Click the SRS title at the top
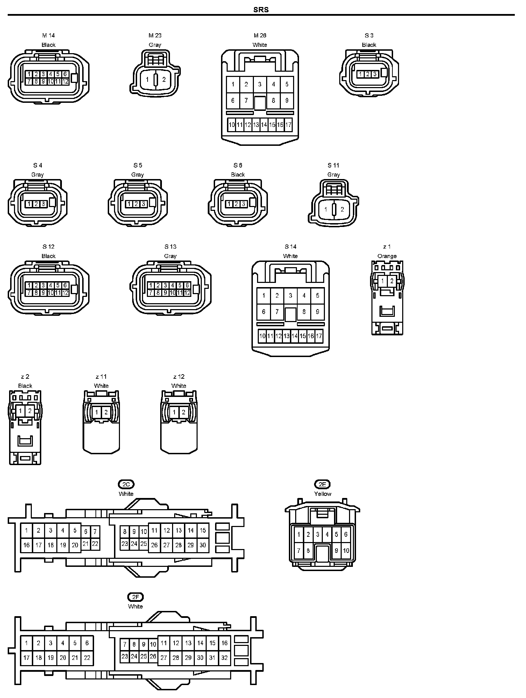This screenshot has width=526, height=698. (x=261, y=9)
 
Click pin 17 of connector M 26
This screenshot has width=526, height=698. (x=288, y=125)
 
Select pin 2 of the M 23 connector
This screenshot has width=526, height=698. (x=164, y=79)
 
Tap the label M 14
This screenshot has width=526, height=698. (x=49, y=35)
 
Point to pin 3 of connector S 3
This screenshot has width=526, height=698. (x=375, y=74)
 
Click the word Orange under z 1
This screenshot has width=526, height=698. (x=387, y=256)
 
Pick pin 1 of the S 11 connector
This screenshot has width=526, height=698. (x=326, y=209)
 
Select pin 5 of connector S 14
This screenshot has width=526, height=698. (x=318, y=295)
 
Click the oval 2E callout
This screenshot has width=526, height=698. (x=322, y=484)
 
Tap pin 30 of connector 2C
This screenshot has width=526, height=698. (x=203, y=545)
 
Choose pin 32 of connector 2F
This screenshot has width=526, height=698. (x=225, y=657)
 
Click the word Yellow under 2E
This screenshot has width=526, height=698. (x=322, y=494)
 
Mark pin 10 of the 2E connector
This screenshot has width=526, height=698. (x=346, y=551)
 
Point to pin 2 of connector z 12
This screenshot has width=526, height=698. (x=183, y=412)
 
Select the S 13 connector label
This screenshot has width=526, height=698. (x=170, y=247)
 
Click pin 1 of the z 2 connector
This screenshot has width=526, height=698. (x=21, y=411)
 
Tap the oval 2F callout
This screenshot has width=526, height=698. (x=135, y=597)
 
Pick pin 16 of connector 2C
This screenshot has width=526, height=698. (x=27, y=545)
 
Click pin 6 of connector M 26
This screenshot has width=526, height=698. (x=233, y=101)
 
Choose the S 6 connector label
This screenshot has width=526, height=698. (x=238, y=165)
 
